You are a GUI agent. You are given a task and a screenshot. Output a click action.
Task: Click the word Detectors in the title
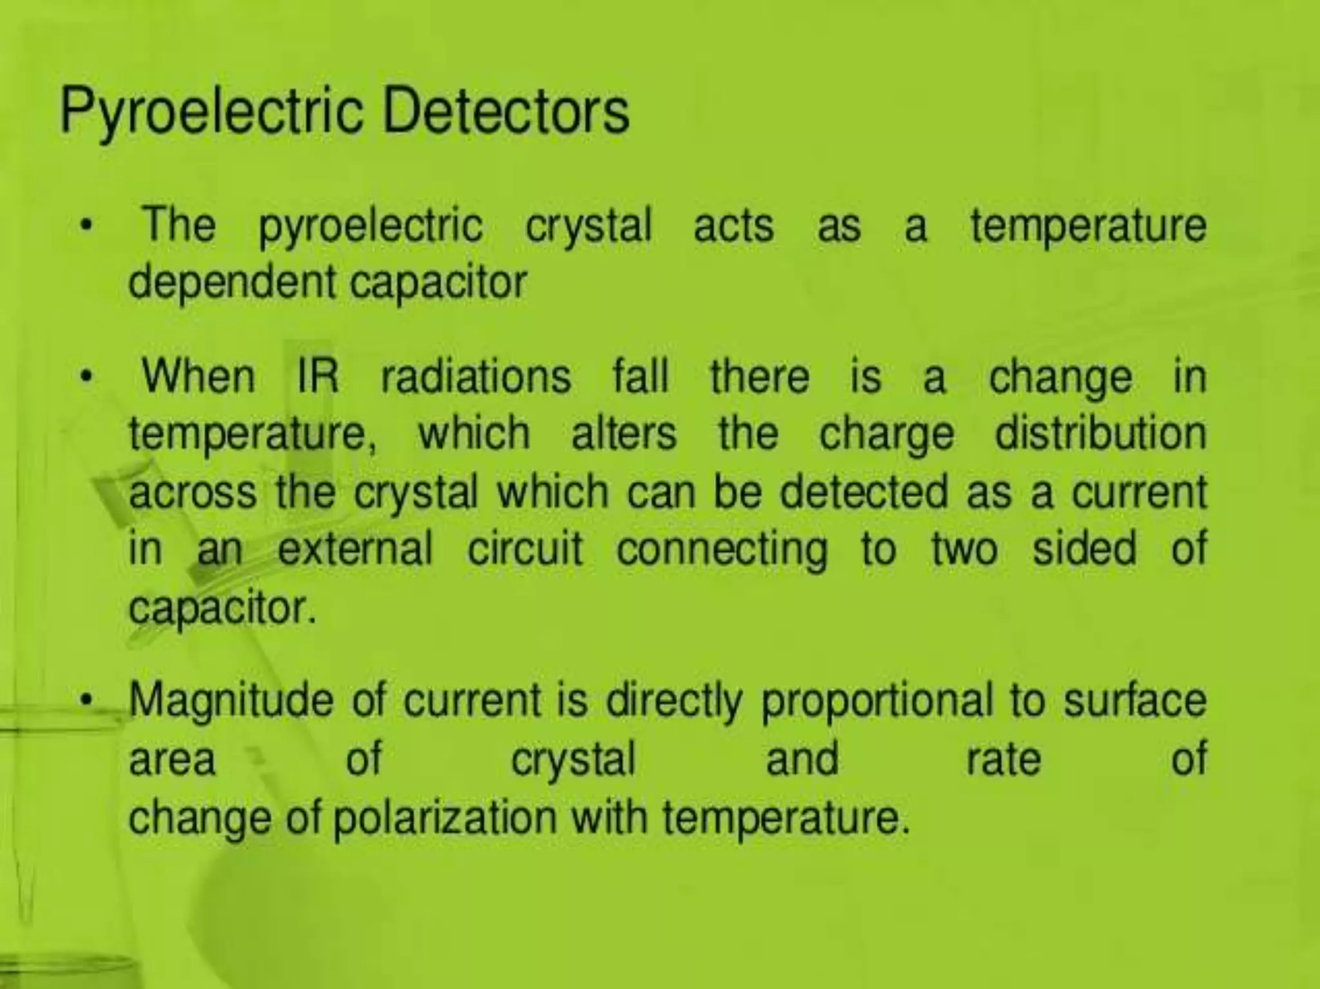(505, 112)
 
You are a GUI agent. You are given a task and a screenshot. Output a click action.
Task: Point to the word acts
(733, 226)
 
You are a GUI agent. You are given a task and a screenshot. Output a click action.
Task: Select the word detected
(864, 492)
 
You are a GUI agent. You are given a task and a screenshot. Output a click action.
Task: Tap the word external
(354, 549)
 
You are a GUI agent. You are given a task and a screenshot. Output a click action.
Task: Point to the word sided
(1084, 549)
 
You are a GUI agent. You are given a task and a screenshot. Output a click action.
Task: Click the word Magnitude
(231, 701)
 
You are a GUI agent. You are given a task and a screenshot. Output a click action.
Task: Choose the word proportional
(877, 701)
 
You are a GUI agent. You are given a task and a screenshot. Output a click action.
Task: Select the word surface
(1135, 700)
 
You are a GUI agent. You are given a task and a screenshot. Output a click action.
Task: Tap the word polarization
(445, 818)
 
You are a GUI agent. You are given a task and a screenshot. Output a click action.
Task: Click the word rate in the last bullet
(1004, 759)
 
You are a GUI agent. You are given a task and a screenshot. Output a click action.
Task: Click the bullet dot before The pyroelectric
(84, 227)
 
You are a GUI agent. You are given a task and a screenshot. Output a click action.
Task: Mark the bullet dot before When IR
(84, 377)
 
